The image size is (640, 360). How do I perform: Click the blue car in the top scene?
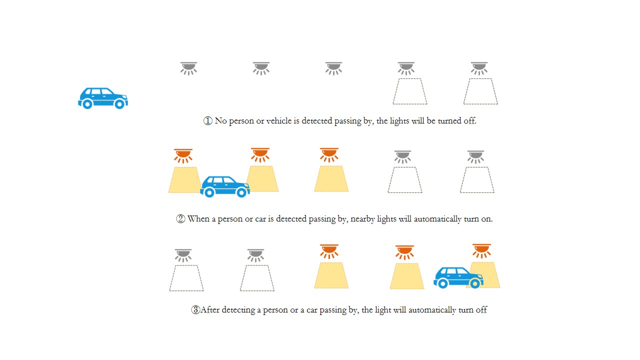pyautogui.click(x=103, y=98)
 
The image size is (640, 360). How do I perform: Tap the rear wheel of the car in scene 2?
pyautogui.click(x=209, y=192)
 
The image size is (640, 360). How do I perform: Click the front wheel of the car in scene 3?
pyautogui.click(x=475, y=283)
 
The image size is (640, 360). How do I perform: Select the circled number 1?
pyautogui.click(x=207, y=121)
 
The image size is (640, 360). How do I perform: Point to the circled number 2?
pyautogui.click(x=180, y=219)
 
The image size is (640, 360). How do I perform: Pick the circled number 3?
pyautogui.click(x=195, y=309)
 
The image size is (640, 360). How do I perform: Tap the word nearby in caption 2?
pyautogui.click(x=362, y=219)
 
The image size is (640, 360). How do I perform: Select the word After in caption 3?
pyautogui.click(x=210, y=309)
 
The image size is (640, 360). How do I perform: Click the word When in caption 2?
pyautogui.click(x=198, y=219)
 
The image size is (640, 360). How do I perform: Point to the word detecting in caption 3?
pyautogui.click(x=238, y=310)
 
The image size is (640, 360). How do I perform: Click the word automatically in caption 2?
pyautogui.click(x=437, y=219)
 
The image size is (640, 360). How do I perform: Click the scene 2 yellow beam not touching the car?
pyautogui.click(x=331, y=179)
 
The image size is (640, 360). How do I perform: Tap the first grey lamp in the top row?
pyautogui.click(x=188, y=68)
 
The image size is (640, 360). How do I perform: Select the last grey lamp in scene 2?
pyautogui.click(x=475, y=157)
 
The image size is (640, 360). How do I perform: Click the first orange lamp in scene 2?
pyautogui.click(x=183, y=156)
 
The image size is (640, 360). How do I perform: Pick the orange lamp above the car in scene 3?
pyautogui.click(x=481, y=251)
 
